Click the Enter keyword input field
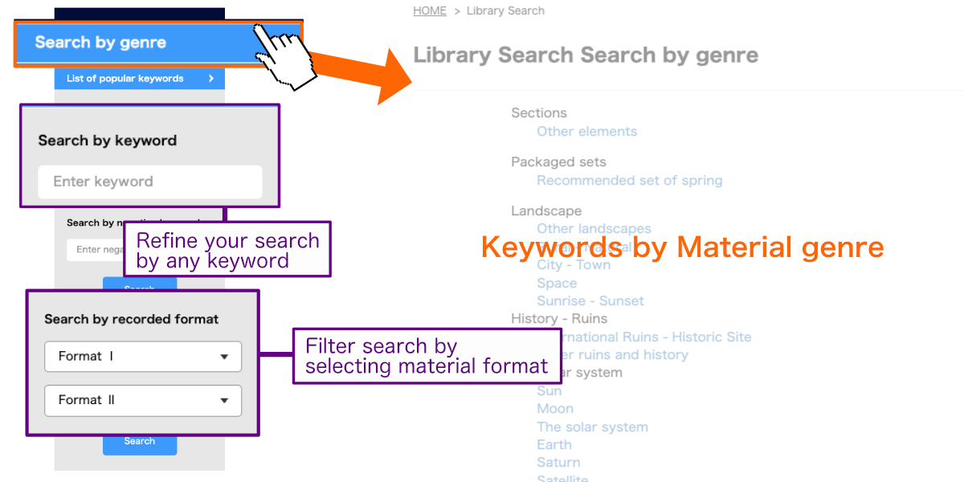pyautogui.click(x=150, y=182)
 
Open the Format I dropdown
pyautogui.click(x=143, y=357)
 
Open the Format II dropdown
pyautogui.click(x=143, y=400)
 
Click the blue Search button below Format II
pyautogui.click(x=140, y=441)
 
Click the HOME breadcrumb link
pyautogui.click(x=430, y=11)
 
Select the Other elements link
pyautogui.click(x=586, y=132)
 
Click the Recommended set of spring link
pyautogui.click(x=629, y=181)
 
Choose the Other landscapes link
pyautogui.click(x=594, y=229)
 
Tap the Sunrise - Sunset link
pyautogui.click(x=590, y=301)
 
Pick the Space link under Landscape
pyautogui.click(x=557, y=284)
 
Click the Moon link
pyautogui.click(x=555, y=409)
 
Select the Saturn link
pyautogui.click(x=558, y=463)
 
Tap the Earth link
pyautogui.click(x=554, y=445)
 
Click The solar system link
pyautogui.click(x=592, y=427)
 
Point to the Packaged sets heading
pyautogui.click(x=558, y=162)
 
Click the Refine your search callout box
pyautogui.click(x=227, y=250)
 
